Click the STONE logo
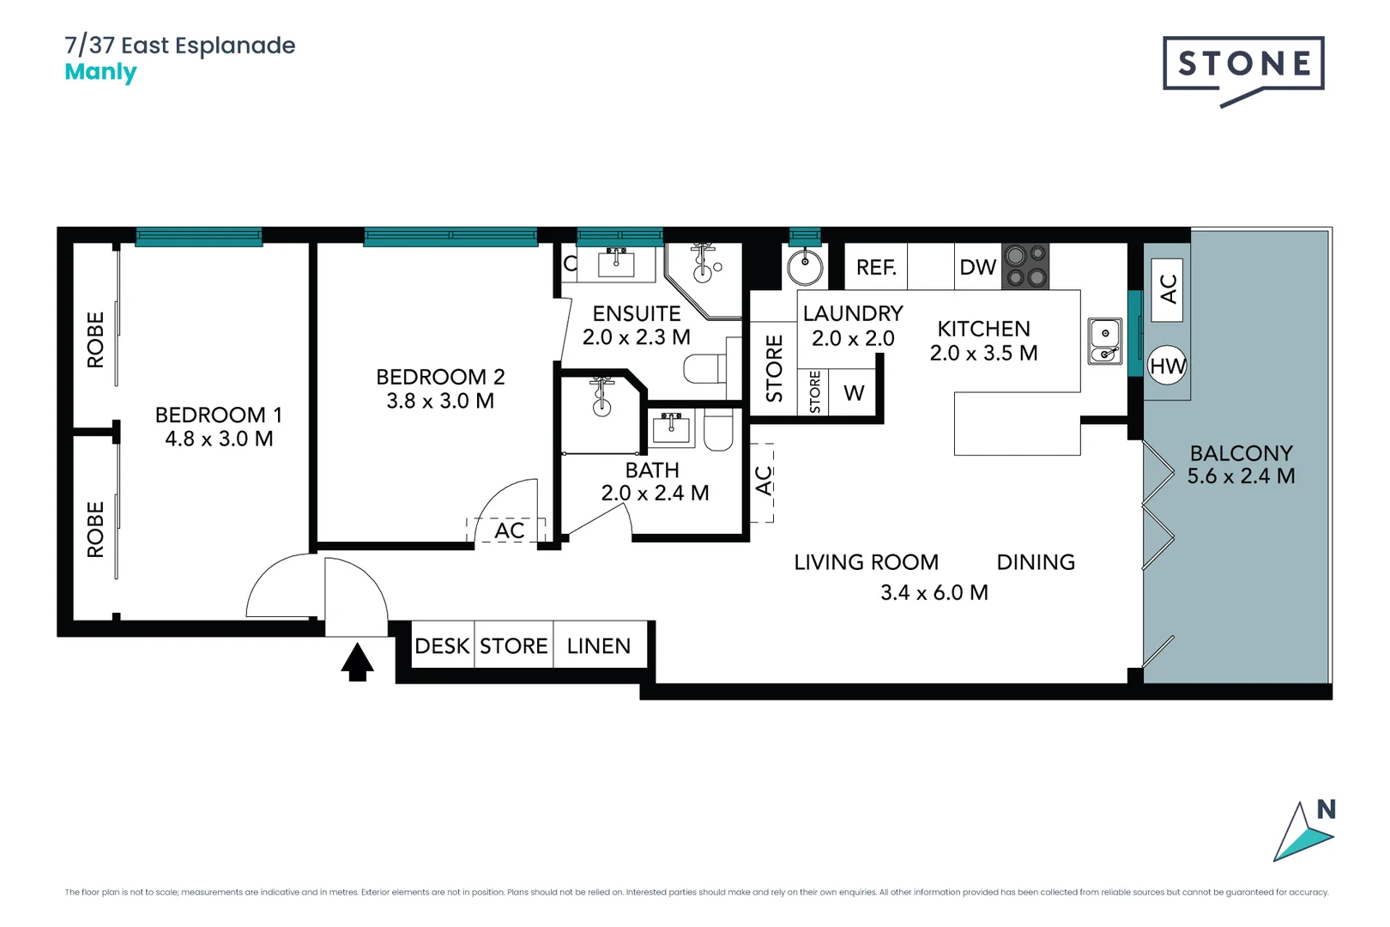coord(1243,64)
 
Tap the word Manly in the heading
coord(100,72)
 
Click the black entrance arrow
coord(357,662)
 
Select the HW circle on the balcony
coord(1167,366)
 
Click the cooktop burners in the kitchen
coord(1025,266)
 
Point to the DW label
coord(977,268)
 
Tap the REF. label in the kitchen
coord(876,268)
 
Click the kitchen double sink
coord(1105,341)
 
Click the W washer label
coord(854,393)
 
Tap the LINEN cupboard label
coord(599,645)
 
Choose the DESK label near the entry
coord(442,645)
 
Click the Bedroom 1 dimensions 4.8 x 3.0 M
coord(219,439)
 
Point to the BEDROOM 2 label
coord(440,377)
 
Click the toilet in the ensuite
coord(705,370)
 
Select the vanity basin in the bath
coord(671,427)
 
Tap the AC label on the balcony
coord(1167,289)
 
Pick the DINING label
coord(1036,562)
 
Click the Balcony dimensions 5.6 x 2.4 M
coord(1241,476)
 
